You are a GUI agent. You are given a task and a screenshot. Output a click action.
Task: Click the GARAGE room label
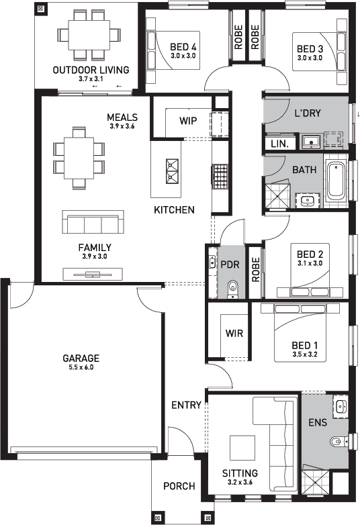coord(81,359)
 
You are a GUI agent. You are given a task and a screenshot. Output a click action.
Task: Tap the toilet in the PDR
coord(232,289)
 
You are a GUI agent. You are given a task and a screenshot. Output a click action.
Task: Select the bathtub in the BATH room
coord(336,180)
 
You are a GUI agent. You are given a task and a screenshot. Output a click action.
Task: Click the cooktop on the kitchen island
coord(172,171)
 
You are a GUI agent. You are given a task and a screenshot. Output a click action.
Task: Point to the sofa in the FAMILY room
coord(93,222)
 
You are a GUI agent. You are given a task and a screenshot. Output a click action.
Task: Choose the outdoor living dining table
coord(89,35)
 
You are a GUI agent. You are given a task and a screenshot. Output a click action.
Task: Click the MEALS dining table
coord(79,158)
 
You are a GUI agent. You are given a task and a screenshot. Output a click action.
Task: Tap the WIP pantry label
coord(188,121)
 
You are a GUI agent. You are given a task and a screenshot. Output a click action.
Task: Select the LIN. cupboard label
coord(279,144)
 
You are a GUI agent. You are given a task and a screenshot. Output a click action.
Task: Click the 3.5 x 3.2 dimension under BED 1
coord(305,354)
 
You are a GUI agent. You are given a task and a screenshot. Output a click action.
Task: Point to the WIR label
coord(234,333)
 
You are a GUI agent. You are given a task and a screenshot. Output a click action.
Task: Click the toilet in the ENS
coord(339,441)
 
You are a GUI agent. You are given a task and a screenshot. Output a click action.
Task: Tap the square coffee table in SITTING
coord(242,448)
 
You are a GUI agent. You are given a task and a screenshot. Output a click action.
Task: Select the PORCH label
coord(179,486)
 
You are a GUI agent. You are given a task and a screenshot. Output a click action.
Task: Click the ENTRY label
coord(186,405)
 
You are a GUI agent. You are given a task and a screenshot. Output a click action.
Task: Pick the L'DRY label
coord(308,113)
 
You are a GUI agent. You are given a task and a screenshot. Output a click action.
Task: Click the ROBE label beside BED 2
coord(255,269)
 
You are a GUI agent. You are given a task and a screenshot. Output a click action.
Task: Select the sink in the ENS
coord(341,407)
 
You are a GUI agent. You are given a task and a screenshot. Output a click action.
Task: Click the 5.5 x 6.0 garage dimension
coord(81,367)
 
